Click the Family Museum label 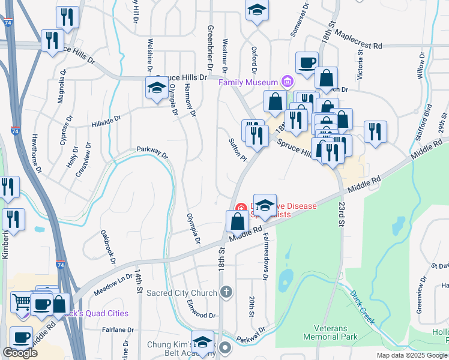pyautogui.click(x=248, y=82)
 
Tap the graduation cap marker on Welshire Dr pyautogui.click(x=157, y=88)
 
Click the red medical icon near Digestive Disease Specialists pyautogui.click(x=241, y=207)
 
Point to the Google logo pyautogui.click(x=20, y=353)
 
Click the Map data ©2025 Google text pyautogui.click(x=411, y=355)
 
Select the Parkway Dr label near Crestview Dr pyautogui.click(x=152, y=151)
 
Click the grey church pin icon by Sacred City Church pyautogui.click(x=226, y=292)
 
